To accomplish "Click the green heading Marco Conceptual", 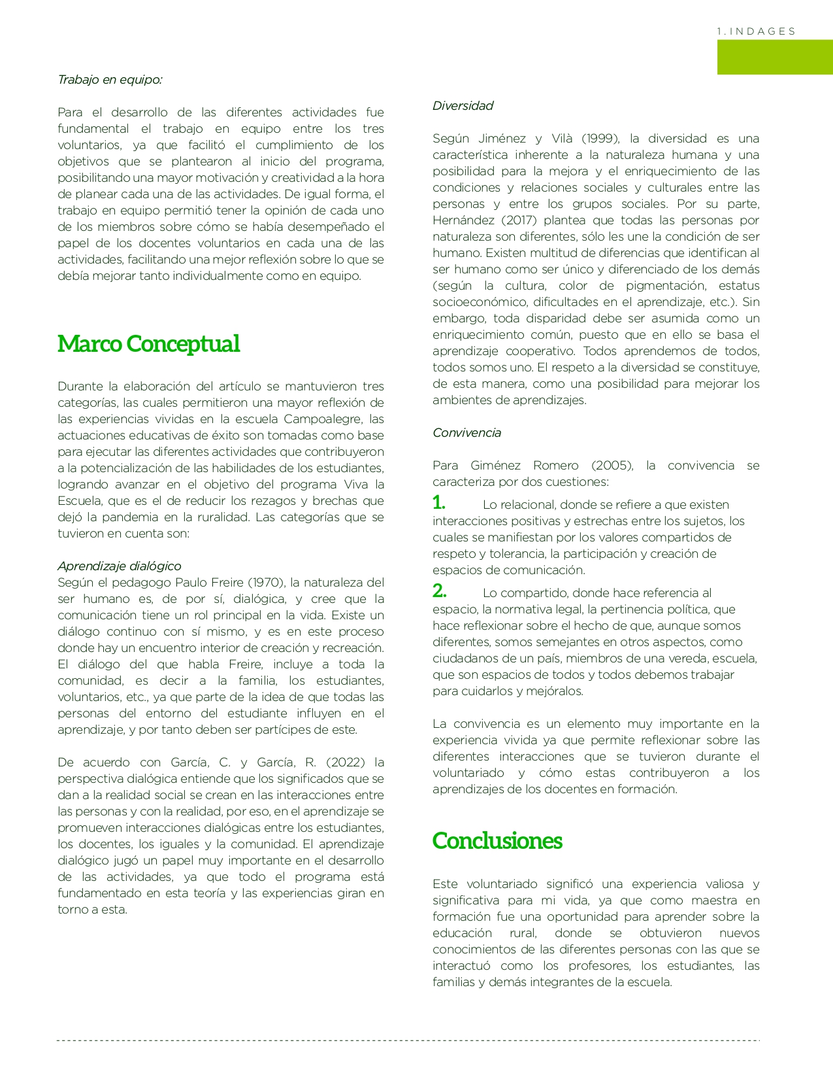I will pos(148,344).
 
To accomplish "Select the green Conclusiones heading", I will pos(497,841).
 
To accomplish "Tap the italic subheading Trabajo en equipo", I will pos(110,80).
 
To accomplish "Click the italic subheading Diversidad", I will pos(463,106).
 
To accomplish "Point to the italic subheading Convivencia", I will pos(466,433).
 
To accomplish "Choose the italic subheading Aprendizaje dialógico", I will pos(119,566).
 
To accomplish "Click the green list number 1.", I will pos(439,503).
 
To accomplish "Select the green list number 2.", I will pos(440,591).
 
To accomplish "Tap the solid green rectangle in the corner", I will pos(775,57).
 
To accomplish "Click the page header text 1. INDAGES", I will pos(756,31).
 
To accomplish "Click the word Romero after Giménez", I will pos(555,466).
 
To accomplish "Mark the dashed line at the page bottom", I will pos(408,1040).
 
